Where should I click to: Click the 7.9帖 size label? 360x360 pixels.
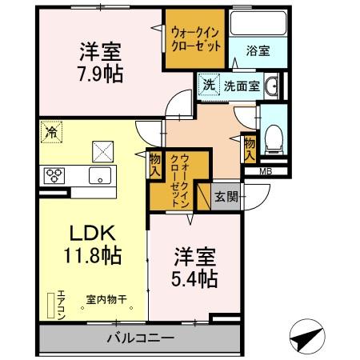point(99,74)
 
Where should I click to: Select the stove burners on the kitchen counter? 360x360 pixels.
point(54,176)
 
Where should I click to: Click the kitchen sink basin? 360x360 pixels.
point(100,176)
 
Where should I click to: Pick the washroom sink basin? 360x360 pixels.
point(270,86)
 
